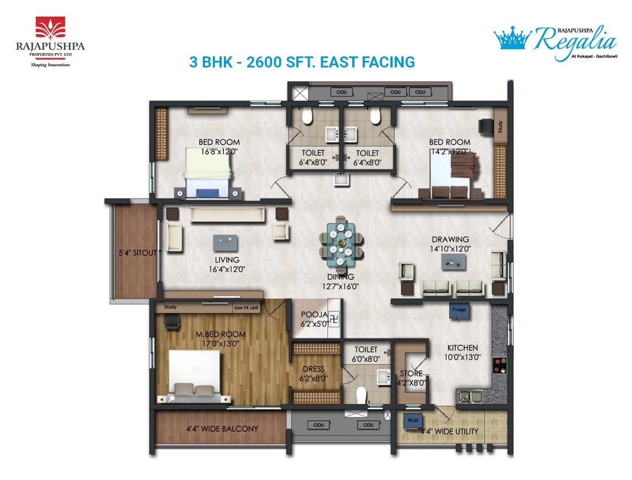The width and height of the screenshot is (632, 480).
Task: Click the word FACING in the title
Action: coord(385,62)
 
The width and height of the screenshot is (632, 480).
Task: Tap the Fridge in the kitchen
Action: coord(459,310)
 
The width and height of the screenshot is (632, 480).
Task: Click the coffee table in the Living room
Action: coord(227,242)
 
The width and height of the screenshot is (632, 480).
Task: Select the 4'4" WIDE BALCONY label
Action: coord(221,429)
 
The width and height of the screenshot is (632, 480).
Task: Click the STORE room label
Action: coord(411,374)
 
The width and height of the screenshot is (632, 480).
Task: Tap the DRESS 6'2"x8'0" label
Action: coord(313,374)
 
